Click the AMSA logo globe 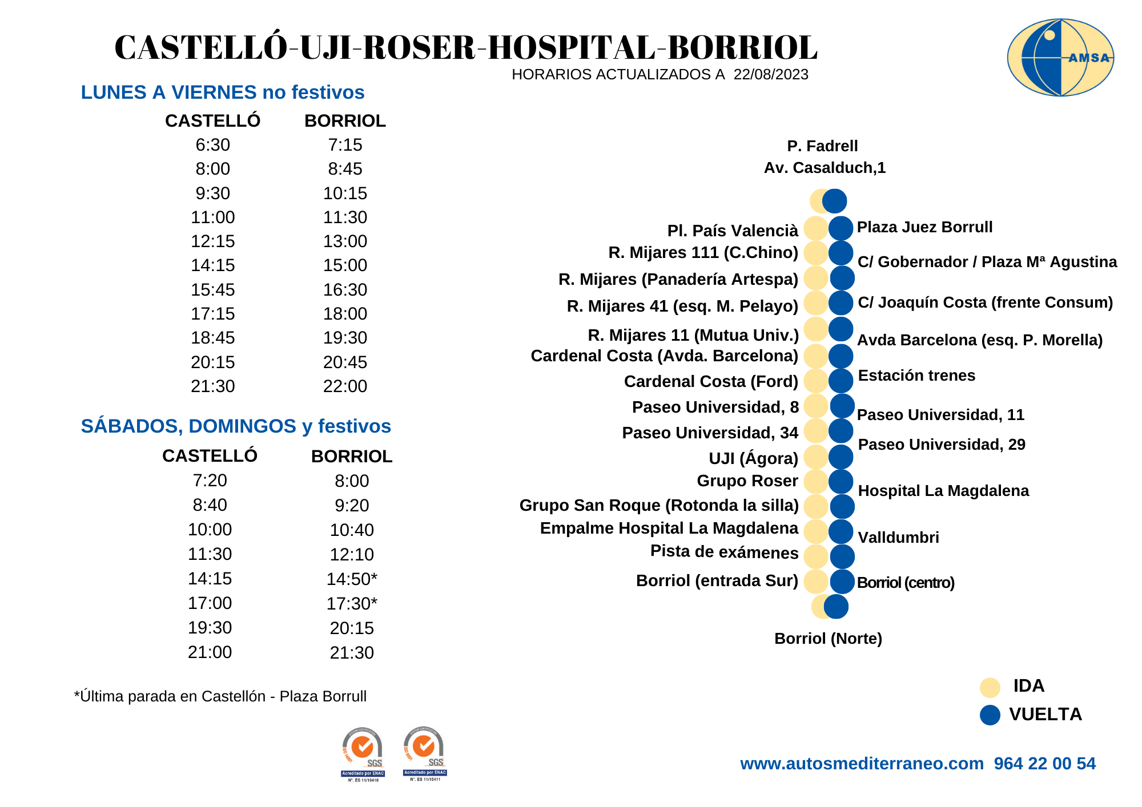[x=1060, y=57]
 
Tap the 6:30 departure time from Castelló [x=212, y=145]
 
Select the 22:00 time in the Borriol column [x=345, y=386]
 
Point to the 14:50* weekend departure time [x=351, y=579]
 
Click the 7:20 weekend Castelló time [x=210, y=481]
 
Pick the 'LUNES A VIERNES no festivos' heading [x=222, y=92]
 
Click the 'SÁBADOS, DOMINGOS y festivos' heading [x=236, y=426]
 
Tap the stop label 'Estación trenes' [x=916, y=376]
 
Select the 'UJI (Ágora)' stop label [x=753, y=458]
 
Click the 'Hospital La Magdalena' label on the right [x=943, y=491]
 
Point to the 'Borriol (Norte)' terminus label [x=828, y=639]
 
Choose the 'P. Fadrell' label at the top [x=822, y=146]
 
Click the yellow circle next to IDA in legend [x=990, y=687]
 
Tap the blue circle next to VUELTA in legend [x=990, y=715]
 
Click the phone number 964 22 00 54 [x=1044, y=764]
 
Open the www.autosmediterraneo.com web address [x=862, y=764]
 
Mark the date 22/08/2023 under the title [x=771, y=75]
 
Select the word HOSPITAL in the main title [x=572, y=47]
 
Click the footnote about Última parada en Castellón [x=220, y=697]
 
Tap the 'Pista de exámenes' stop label [x=724, y=552]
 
